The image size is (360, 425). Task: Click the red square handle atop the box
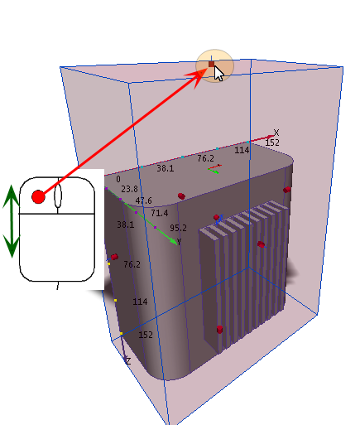click(x=211, y=64)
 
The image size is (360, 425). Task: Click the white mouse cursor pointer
click(x=218, y=74)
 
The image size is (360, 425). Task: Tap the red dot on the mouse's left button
click(x=38, y=197)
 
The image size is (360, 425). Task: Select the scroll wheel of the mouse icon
click(x=58, y=196)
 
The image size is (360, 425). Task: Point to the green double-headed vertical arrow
click(x=12, y=221)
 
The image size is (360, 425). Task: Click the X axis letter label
click(x=276, y=133)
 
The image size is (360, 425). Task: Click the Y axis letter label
click(x=180, y=242)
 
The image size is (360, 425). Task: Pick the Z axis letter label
click(x=128, y=360)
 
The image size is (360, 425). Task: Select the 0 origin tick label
click(x=118, y=179)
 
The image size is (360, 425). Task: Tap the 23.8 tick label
click(x=129, y=189)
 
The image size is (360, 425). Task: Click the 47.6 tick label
click(x=143, y=200)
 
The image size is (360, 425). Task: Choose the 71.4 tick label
click(x=160, y=213)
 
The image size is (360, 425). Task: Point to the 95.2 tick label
click(x=178, y=228)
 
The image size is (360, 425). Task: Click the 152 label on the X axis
click(x=272, y=142)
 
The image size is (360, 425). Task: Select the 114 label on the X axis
click(x=242, y=150)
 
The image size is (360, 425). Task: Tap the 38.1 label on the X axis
click(x=166, y=168)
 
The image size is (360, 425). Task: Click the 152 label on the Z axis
click(x=146, y=335)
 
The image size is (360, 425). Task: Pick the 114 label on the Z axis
click(x=140, y=302)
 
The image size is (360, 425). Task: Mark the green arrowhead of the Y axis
click(x=174, y=241)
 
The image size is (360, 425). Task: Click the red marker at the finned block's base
click(x=219, y=329)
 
